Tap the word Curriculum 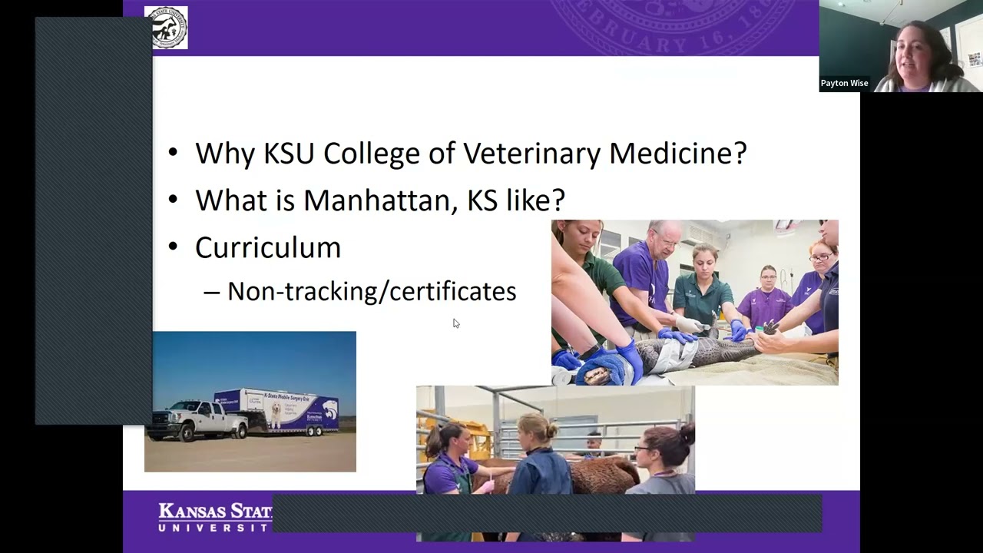point(267,247)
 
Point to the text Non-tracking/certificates point(371,292)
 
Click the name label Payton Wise point(844,84)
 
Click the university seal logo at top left point(166,28)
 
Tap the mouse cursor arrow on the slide point(455,323)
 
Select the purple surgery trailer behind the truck point(284,411)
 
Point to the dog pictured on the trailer point(274,416)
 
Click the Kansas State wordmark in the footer point(214,516)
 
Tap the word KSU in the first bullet point(290,154)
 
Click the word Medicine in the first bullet point(677,154)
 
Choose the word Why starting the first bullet point(226,154)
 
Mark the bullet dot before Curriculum point(173,247)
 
